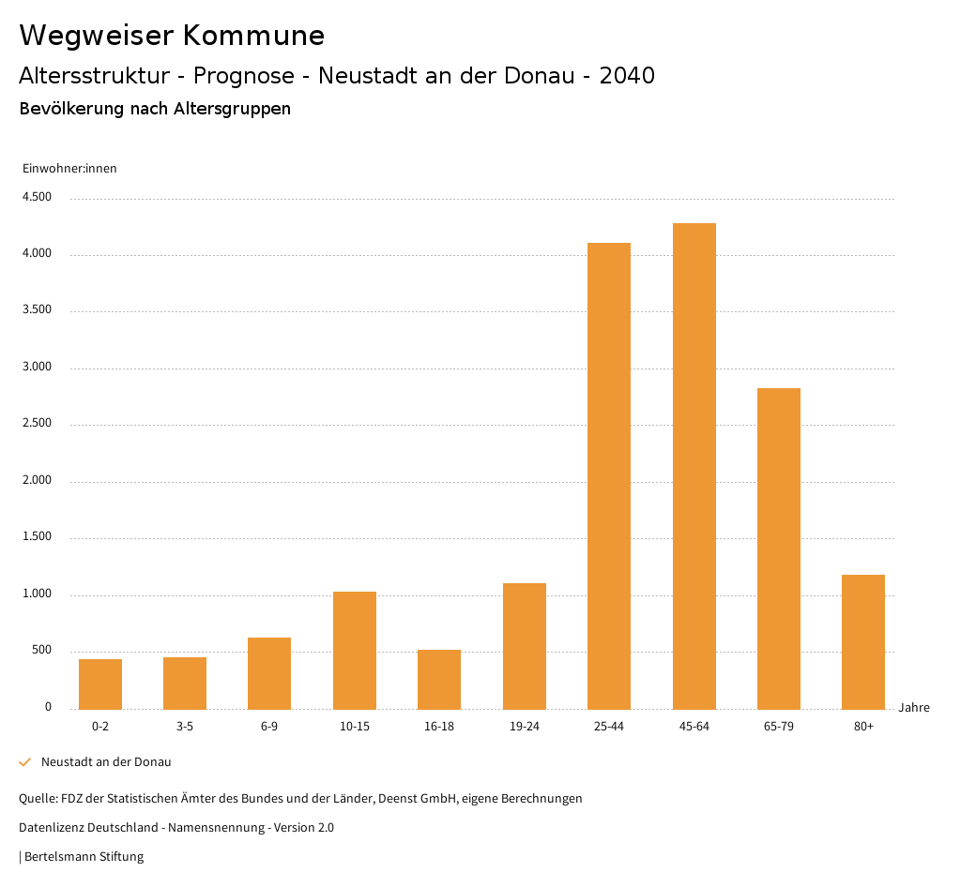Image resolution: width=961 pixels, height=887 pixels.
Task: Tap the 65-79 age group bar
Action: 779,549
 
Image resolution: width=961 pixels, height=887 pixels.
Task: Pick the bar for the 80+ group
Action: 863,642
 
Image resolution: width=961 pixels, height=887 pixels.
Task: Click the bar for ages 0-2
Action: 100,684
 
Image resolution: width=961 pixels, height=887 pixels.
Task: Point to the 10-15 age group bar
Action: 355,651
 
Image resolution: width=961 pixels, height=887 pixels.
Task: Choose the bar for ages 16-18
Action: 439,680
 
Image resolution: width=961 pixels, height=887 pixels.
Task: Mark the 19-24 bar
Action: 525,646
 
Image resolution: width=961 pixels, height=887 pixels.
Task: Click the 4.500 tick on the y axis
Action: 37,197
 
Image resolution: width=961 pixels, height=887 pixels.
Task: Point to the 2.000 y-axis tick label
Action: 37,481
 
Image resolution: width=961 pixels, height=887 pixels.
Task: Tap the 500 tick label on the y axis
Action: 41,651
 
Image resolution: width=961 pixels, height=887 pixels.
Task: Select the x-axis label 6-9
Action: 269,727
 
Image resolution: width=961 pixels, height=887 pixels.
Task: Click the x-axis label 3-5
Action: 185,727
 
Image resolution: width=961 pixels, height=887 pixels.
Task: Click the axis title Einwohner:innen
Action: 69,169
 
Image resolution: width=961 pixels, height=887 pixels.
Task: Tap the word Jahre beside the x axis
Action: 914,708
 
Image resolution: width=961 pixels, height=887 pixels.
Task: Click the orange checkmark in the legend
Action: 25,762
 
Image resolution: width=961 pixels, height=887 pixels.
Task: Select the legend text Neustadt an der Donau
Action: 106,762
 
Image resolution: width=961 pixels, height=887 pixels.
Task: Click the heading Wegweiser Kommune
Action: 172,36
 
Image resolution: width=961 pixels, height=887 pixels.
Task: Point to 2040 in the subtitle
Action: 627,76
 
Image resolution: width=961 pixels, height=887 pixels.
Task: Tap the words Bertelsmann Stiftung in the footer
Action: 84,857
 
